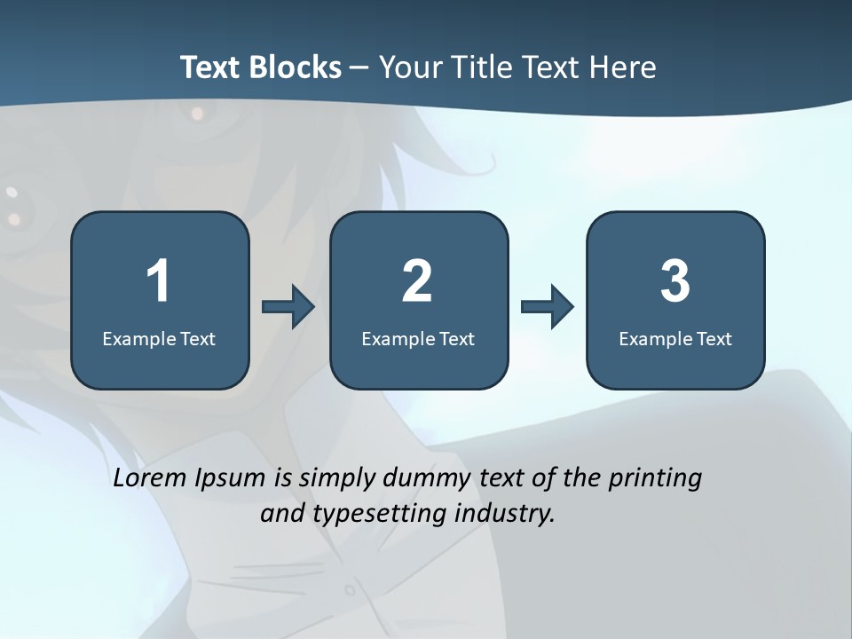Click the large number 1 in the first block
point(159,281)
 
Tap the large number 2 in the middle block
point(417,281)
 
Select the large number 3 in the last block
point(675,281)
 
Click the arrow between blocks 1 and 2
point(288,307)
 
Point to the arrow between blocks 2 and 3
point(548,307)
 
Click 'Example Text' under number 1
point(159,338)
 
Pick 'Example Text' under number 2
point(418,338)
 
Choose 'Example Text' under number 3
point(675,338)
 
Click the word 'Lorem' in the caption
point(150,477)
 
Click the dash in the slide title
point(360,67)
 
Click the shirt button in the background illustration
point(350,589)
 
